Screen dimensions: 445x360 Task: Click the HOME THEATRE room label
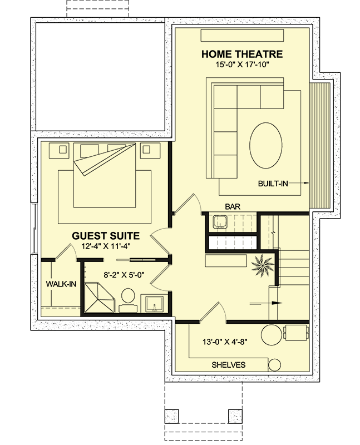click(x=242, y=54)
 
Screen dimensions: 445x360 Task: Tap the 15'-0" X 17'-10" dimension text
click(x=242, y=65)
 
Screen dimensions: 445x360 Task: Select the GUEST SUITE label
click(x=106, y=235)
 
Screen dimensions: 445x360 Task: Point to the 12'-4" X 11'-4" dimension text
click(x=106, y=246)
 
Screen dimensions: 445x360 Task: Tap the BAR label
click(x=232, y=206)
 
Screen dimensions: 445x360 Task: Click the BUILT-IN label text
click(x=273, y=183)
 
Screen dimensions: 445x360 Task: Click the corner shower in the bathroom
click(x=98, y=297)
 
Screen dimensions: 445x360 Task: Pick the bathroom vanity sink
click(x=152, y=303)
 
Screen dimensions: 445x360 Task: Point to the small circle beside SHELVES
click(x=275, y=364)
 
